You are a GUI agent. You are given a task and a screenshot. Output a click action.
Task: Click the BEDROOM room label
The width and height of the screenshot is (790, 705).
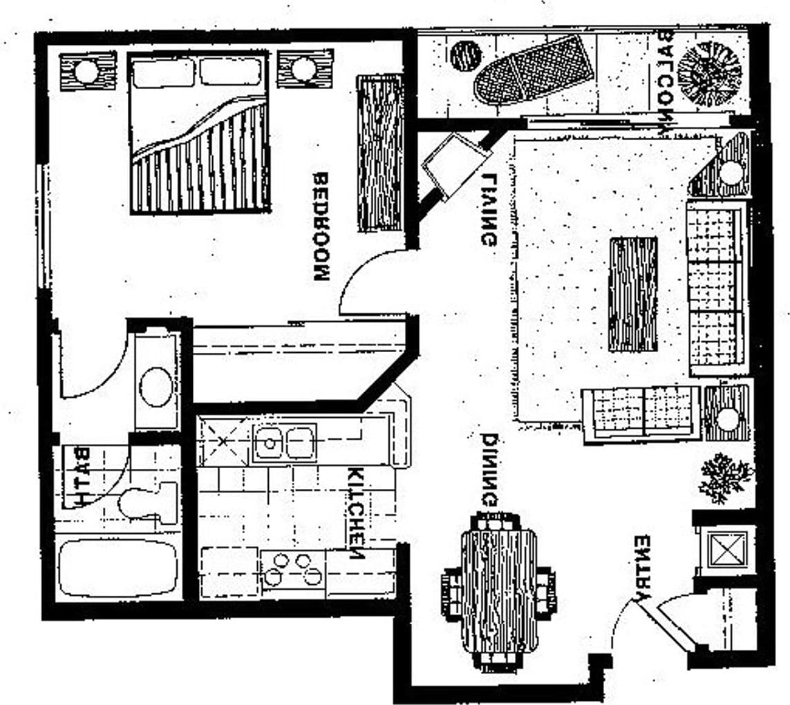point(321,226)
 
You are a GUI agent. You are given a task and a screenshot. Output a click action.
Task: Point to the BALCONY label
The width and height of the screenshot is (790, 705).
point(667,82)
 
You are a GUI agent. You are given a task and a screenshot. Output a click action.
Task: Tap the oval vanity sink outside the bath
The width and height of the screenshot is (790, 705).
point(156,386)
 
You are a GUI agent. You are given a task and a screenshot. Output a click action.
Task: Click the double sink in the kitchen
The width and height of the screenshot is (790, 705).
point(284,443)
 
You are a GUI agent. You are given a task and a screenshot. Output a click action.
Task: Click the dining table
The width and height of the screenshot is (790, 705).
point(498,591)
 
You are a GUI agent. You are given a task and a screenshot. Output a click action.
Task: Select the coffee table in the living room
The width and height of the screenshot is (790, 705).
point(632,294)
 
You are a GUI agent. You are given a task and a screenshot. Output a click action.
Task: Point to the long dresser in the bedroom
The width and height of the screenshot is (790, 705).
point(379,153)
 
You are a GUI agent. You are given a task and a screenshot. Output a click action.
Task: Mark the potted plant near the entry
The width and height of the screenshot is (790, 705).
point(724,477)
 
